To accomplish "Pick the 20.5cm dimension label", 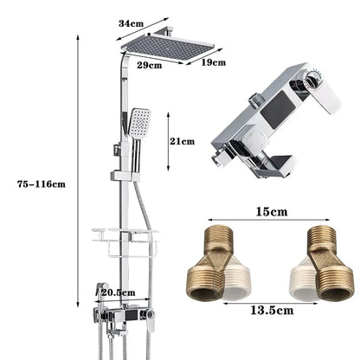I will pyautogui.click(x=118, y=293).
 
